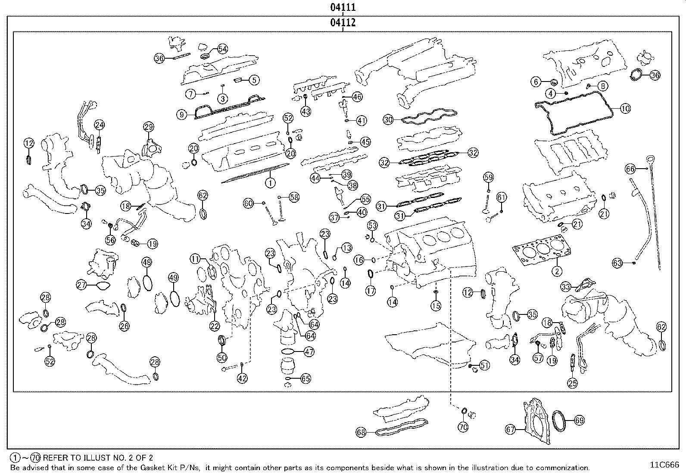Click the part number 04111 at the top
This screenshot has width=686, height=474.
point(343,7)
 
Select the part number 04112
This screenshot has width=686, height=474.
point(343,23)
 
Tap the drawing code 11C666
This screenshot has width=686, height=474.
point(664,465)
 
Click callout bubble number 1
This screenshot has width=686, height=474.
point(270,183)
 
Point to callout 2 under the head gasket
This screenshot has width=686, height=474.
point(557,271)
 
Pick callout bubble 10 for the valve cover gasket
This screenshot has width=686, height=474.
point(625,109)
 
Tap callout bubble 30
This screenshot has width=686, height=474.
point(389,119)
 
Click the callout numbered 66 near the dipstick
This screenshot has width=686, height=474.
point(630,169)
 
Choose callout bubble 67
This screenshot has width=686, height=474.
point(511,430)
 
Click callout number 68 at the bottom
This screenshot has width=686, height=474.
point(362,432)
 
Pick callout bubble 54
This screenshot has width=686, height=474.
point(222,49)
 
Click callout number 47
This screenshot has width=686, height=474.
point(309,352)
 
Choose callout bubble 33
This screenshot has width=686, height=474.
point(566,287)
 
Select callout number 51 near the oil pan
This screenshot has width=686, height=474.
point(485,366)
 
